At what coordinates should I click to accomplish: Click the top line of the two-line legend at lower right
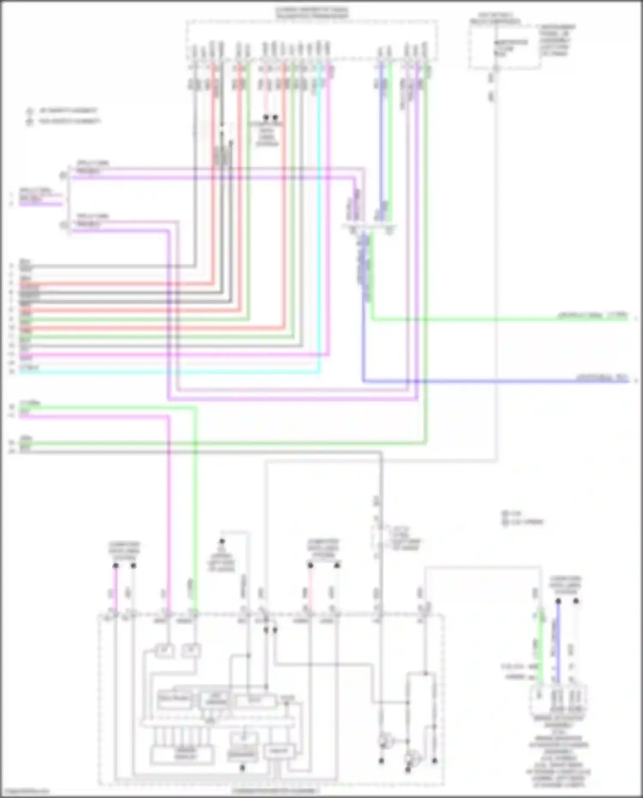click(x=512, y=513)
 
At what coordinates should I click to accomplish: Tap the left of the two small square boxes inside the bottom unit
click(x=164, y=651)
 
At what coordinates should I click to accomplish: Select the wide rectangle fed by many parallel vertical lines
click(x=182, y=754)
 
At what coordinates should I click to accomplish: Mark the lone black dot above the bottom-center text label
click(x=222, y=541)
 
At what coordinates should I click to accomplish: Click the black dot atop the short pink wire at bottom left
click(x=115, y=566)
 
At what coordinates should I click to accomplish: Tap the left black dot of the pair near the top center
click(x=266, y=117)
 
